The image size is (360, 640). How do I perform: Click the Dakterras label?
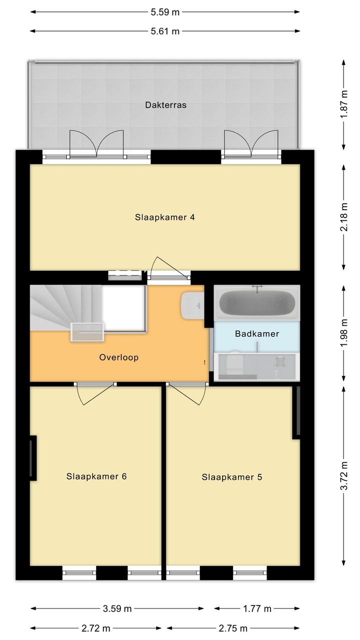[x=165, y=105]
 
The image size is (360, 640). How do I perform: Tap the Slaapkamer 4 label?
[x=164, y=217]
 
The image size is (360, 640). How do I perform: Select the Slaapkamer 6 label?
[x=96, y=476]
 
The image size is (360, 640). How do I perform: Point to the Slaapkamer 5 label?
[x=232, y=477]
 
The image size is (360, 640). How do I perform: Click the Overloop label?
[x=119, y=357]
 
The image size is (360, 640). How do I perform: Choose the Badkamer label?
[x=257, y=333]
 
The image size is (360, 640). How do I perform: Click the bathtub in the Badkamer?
[x=257, y=303]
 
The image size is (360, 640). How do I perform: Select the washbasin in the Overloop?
[x=192, y=305]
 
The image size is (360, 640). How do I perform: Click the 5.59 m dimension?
[x=165, y=12]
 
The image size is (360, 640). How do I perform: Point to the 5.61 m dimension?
[x=165, y=31]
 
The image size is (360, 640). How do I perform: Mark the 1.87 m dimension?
[x=344, y=104]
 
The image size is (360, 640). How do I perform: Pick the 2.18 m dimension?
[x=344, y=217]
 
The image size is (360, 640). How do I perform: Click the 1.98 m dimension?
[x=344, y=333]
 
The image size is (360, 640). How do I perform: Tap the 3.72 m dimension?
[x=344, y=476]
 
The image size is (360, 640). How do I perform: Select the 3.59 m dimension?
[x=117, y=609]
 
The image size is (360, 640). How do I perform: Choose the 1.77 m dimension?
[x=257, y=609]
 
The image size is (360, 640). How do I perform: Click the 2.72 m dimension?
[x=95, y=628]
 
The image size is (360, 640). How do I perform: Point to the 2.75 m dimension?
[x=233, y=628]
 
